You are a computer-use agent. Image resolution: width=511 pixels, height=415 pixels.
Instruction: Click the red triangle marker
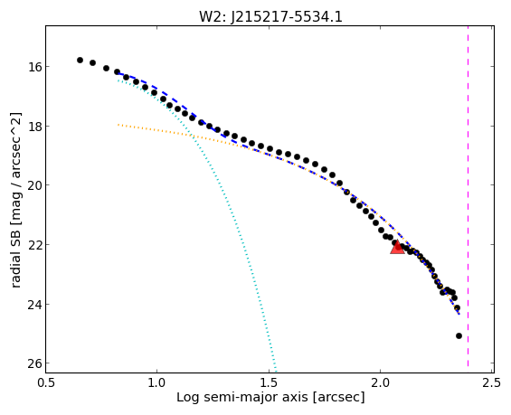pyautogui.click(x=397, y=248)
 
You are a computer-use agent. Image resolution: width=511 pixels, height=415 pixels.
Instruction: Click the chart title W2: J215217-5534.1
pyautogui.click(x=270, y=17)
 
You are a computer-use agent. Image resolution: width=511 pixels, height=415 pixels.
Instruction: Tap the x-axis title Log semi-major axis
pyautogui.click(x=270, y=397)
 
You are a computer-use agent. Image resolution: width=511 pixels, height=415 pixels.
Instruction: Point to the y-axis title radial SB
pyautogui.click(x=15, y=200)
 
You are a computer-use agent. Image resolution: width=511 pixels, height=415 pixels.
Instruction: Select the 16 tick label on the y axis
pyautogui.click(x=33, y=67)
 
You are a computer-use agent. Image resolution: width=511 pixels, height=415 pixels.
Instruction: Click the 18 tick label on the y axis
pyautogui.click(x=33, y=126)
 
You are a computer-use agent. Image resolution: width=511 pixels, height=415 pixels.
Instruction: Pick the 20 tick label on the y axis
pyautogui.click(x=33, y=185)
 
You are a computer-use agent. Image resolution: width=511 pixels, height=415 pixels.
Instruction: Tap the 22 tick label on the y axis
pyautogui.click(x=33, y=245)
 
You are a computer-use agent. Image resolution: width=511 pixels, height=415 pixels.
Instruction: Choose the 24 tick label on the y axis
pyautogui.click(x=33, y=305)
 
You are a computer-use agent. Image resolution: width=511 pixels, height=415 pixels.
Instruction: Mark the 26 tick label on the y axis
pyautogui.click(x=33, y=363)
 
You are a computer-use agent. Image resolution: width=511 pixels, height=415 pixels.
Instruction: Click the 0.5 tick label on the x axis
pyautogui.click(x=45, y=382)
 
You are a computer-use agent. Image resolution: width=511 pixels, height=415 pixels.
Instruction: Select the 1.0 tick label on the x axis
pyautogui.click(x=157, y=382)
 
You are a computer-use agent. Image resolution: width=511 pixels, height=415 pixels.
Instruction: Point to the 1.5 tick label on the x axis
pyautogui.click(x=269, y=382)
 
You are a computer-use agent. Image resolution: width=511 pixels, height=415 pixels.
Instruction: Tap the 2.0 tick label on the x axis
pyautogui.click(x=381, y=382)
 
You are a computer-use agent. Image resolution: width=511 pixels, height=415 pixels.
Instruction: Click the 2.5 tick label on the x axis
pyautogui.click(x=492, y=382)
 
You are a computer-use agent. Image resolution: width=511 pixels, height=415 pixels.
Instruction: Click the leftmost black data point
pyautogui.click(x=80, y=60)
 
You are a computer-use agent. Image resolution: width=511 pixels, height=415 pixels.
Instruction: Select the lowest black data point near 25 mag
pyautogui.click(x=459, y=335)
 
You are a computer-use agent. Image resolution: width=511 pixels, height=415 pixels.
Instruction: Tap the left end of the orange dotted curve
pyautogui.click(x=118, y=125)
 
